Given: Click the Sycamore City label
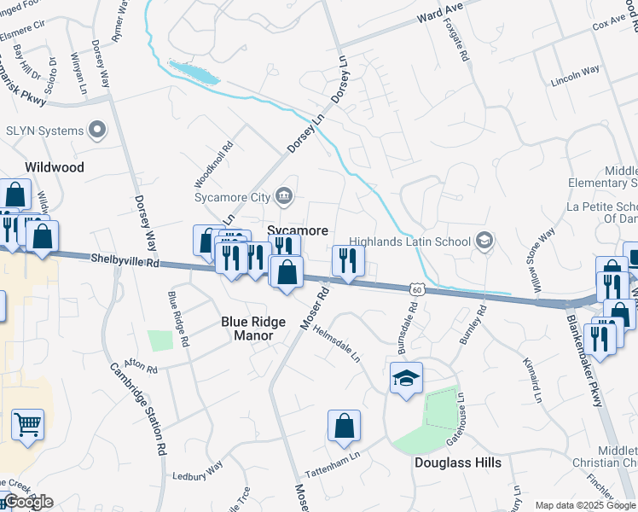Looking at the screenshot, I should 231,197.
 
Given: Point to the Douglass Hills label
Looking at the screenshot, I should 457,463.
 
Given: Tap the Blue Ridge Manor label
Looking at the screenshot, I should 247,329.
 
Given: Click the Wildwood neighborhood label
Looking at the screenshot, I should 55,167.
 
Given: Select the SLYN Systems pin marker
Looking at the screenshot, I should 97,131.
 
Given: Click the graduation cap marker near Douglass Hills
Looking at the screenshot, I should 406,377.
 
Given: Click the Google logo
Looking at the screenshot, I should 28,502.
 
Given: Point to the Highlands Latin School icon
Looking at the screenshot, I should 484,241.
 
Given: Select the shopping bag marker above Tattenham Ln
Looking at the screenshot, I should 344,426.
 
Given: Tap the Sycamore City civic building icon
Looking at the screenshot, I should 285,197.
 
